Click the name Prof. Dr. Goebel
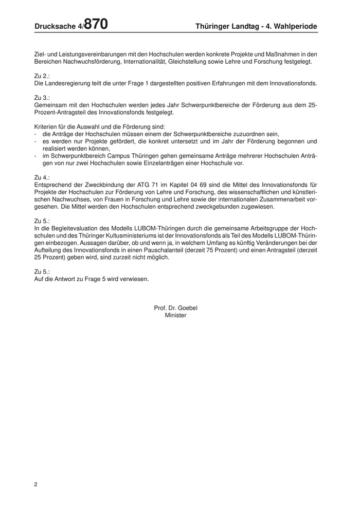point(175,308)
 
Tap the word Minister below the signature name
point(175,315)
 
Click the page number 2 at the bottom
point(36,484)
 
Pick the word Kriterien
point(46,126)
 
